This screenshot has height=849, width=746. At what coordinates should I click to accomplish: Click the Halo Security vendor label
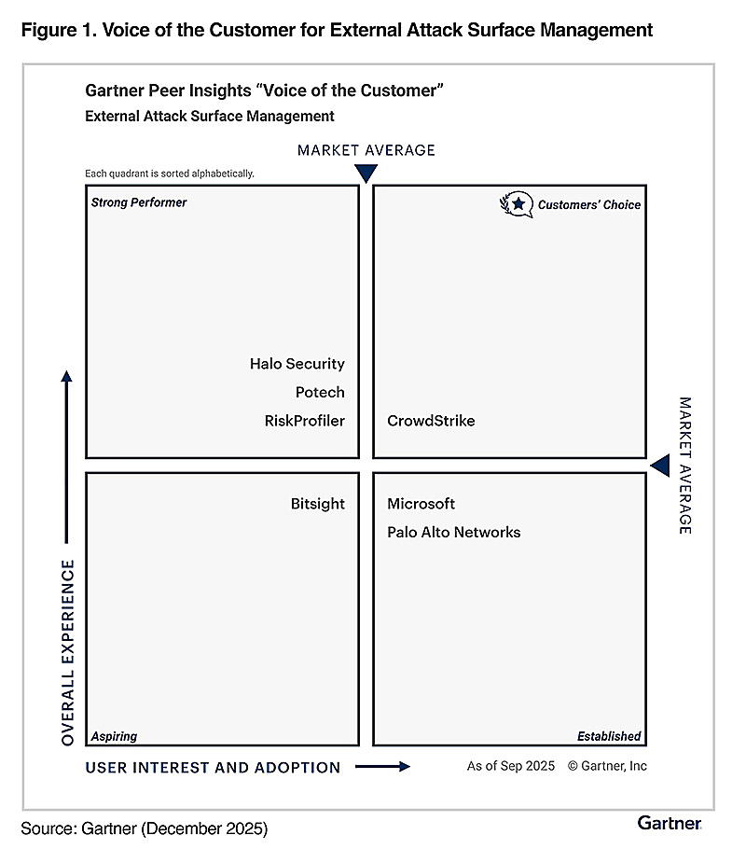coord(297,364)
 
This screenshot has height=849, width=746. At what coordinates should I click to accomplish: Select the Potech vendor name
coord(320,392)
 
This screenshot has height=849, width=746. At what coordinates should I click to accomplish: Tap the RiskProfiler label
coord(304,421)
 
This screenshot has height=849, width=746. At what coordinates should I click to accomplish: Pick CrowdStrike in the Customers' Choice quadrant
coord(431,421)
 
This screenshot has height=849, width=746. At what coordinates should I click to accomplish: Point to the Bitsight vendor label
coord(317,504)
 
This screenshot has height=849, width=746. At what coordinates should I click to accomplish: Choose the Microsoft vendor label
coord(421,504)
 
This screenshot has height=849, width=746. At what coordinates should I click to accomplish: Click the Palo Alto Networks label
coord(453,533)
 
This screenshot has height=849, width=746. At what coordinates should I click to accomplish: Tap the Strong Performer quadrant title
coord(139,202)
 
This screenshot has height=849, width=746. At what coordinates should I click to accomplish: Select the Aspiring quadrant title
coord(114,736)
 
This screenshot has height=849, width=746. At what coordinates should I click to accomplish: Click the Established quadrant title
coord(608,736)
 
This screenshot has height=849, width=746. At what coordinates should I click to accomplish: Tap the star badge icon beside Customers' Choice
coord(516,204)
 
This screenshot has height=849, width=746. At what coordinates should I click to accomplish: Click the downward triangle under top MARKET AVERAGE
coord(366,173)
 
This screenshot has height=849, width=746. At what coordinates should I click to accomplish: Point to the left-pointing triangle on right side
coord(660,465)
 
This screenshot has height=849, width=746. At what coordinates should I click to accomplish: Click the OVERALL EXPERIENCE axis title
coord(67,652)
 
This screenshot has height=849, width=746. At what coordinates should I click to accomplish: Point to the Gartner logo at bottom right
coord(670,822)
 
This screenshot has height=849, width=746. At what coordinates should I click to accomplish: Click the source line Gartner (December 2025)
coord(144,827)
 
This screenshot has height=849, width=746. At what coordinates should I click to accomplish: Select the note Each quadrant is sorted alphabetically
coord(169,174)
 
